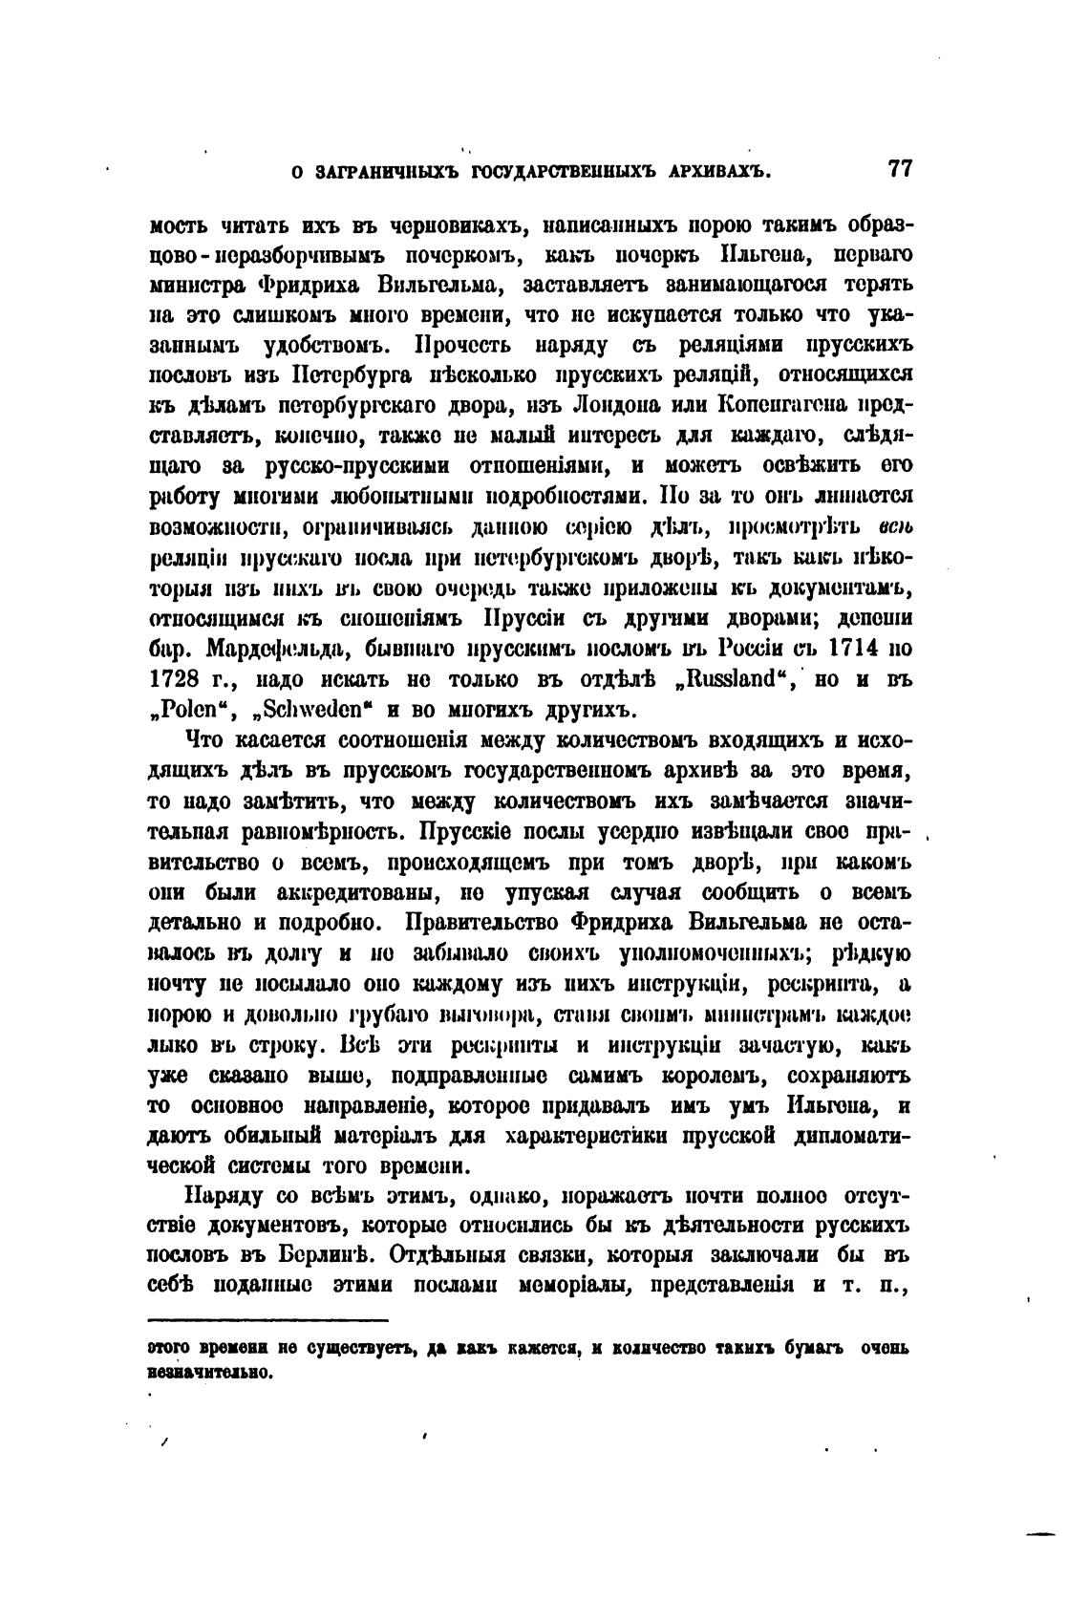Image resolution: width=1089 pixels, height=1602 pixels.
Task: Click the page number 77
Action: point(900,170)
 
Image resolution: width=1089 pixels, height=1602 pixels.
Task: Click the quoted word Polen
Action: point(185,711)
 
